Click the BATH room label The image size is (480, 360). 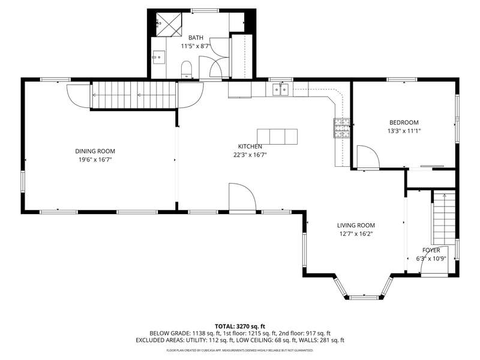pos(196,38)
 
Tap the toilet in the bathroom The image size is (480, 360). pos(187,70)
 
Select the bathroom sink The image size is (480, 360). pos(158,57)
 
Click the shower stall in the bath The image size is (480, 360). pos(169,24)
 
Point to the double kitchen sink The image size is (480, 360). pos(281,89)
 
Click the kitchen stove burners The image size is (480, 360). pos(341,127)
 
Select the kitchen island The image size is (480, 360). pos(277,137)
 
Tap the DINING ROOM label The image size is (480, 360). pos(95,151)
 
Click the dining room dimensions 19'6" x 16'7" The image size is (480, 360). pos(95,160)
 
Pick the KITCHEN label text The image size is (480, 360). pos(250,146)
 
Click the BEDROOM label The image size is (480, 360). pos(404,122)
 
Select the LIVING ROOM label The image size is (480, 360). pos(356,226)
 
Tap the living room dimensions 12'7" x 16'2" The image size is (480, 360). pos(356,234)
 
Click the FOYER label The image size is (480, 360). pos(431,250)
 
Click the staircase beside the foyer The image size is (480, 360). pos(443,217)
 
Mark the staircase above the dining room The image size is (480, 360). pos(134,95)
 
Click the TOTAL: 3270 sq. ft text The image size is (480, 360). pos(240,326)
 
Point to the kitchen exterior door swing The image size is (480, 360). pos(242,197)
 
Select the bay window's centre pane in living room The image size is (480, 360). pos(365,297)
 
